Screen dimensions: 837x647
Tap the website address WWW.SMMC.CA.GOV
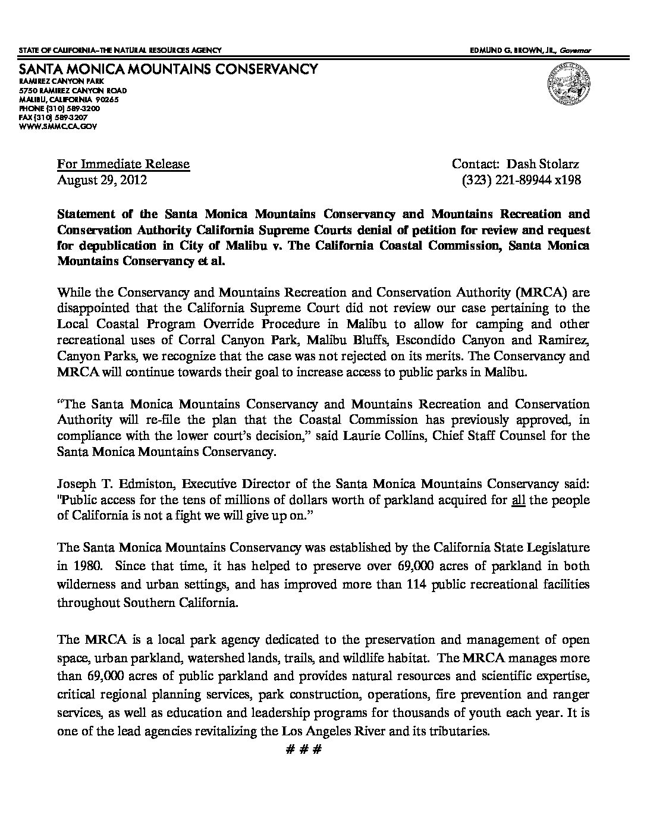pyautogui.click(x=58, y=127)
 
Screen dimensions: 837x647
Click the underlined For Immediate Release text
pyautogui.click(x=123, y=164)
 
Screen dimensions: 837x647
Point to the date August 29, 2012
pyautogui.click(x=102, y=180)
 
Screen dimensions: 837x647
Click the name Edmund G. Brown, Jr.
pyautogui.click(x=514, y=51)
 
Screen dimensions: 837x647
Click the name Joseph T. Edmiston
pyautogui.click(x=114, y=483)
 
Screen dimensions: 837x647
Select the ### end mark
pyautogui.click(x=303, y=750)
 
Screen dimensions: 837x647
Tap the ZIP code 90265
pyautogui.click(x=108, y=100)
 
